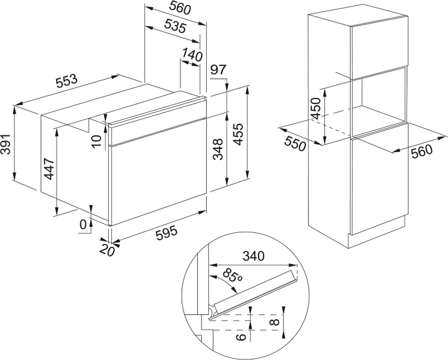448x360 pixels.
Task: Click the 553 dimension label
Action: point(67,81)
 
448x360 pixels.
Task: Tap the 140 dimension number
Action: point(192,55)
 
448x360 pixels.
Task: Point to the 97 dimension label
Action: point(218,70)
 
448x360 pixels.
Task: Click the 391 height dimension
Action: point(5,144)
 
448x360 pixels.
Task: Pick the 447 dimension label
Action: point(49,169)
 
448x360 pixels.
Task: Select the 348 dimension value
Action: point(218,149)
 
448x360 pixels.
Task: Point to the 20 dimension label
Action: point(107,250)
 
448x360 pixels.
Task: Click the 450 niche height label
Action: point(316,109)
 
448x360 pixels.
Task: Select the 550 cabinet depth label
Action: point(295,143)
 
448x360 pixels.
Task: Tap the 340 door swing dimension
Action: point(254,256)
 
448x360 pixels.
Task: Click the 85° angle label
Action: point(232,275)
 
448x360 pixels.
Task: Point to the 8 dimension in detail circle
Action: point(274,322)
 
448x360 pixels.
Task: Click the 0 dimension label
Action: point(83,225)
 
